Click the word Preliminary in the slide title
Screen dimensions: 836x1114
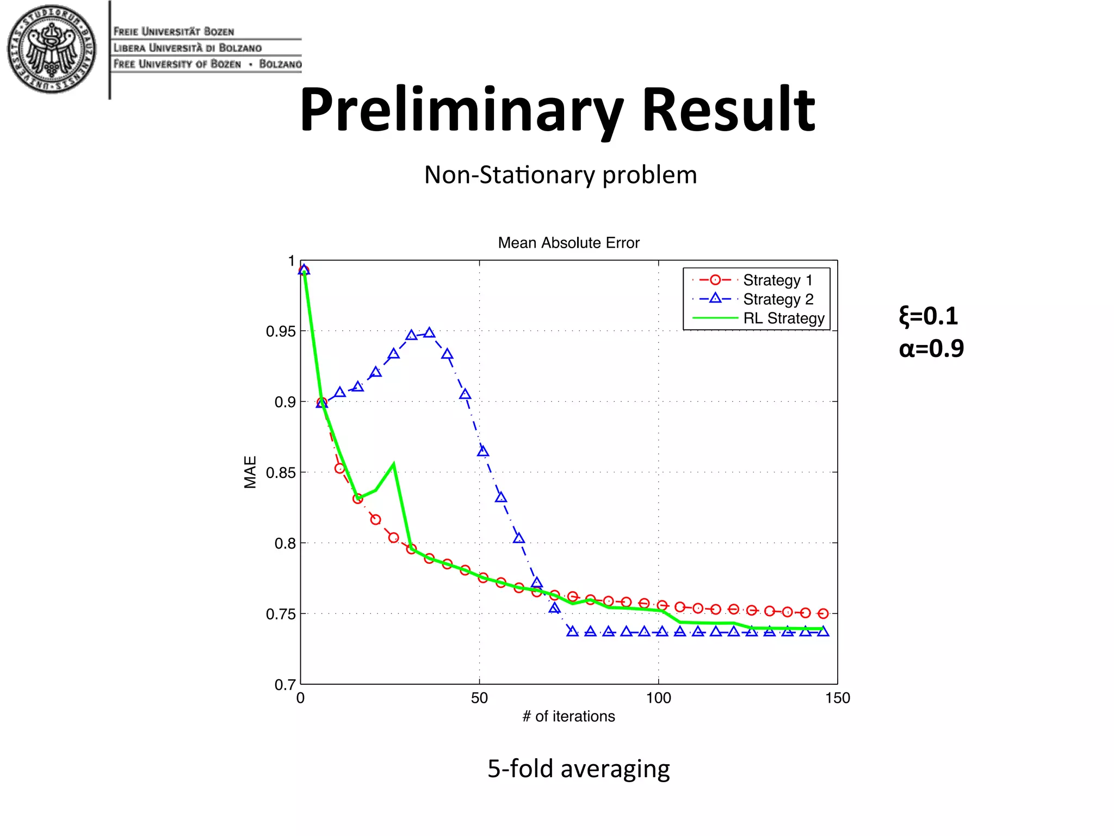tap(461, 110)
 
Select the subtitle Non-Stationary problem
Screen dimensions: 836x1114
tap(560, 175)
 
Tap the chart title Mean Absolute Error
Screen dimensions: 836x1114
tap(568, 243)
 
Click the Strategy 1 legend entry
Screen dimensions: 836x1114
tap(777, 280)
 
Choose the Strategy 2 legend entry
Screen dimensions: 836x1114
tap(778, 299)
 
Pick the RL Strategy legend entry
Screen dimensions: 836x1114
tap(783, 318)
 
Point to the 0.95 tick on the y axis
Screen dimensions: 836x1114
tap(281, 331)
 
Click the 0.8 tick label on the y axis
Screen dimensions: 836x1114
tap(284, 543)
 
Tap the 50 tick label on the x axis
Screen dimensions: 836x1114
tap(479, 698)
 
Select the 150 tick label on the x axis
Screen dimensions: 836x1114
tap(837, 698)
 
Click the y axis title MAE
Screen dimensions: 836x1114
tap(250, 472)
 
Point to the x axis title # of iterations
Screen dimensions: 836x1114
tap(568, 716)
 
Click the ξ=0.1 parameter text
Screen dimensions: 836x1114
tap(928, 316)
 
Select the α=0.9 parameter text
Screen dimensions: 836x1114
tap(931, 348)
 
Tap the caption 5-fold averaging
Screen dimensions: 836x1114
tap(578, 769)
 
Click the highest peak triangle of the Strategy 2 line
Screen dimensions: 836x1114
tap(429, 333)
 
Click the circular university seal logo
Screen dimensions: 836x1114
tap(52, 50)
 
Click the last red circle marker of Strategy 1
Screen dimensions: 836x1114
tap(823, 613)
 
